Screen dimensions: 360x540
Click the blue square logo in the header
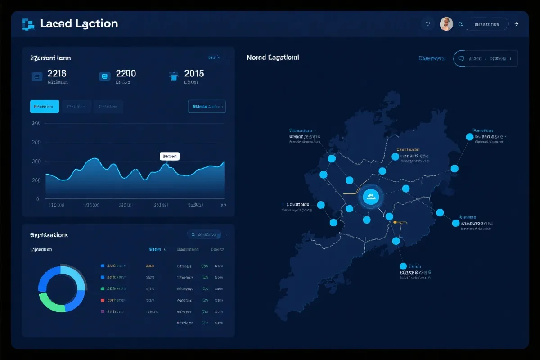[28, 24]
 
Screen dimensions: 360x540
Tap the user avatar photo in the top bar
[446, 24]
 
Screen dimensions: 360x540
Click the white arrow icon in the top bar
[517, 24]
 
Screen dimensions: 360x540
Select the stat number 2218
[57, 73]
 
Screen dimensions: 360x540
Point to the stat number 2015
[194, 73]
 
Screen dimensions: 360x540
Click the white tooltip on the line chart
[170, 156]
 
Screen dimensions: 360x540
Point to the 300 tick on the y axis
[36, 161]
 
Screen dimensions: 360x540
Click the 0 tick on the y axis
[37, 198]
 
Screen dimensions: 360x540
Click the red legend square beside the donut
[103, 300]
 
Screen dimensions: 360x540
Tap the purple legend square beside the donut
[103, 311]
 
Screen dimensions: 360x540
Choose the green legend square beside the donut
[103, 288]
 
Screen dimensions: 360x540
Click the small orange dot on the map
[395, 222]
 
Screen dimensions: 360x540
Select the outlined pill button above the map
[485, 58]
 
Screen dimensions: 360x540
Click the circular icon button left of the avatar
[427, 24]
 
